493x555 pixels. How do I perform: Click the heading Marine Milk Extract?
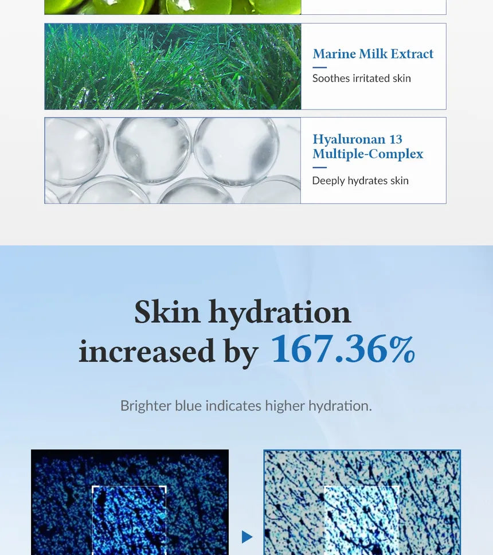[x=373, y=54]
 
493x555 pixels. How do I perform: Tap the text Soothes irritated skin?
[x=361, y=79]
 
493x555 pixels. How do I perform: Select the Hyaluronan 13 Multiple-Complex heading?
[x=367, y=147]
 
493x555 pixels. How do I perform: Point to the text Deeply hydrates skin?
[x=360, y=181]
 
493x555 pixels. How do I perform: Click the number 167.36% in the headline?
[x=342, y=349]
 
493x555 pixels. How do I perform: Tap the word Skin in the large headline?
[x=167, y=312]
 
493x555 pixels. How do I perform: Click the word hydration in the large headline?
[x=279, y=312]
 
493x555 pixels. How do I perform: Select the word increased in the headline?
[x=146, y=351]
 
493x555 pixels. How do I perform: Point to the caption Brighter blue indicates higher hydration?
[x=246, y=406]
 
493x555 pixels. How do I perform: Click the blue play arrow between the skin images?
[x=247, y=537]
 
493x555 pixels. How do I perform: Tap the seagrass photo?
[x=173, y=67]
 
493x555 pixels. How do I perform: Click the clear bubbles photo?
[x=173, y=161]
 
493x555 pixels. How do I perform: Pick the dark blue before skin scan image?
[x=130, y=502]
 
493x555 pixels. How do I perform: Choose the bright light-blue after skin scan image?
[x=362, y=502]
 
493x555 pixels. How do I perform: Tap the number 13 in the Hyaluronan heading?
[x=396, y=139]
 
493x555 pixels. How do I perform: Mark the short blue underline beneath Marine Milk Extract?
[x=319, y=67]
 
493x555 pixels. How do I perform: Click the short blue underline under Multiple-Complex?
[x=319, y=167]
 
